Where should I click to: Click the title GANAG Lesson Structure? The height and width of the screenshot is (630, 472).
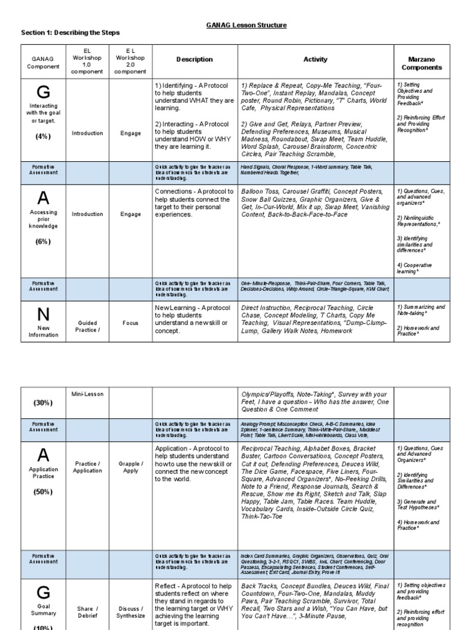click(246, 25)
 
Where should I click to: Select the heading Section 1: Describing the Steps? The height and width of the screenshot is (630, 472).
click(71, 32)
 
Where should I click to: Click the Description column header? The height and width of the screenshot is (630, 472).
click(194, 60)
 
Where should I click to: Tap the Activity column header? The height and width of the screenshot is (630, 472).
click(315, 60)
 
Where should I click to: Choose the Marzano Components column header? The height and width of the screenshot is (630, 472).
click(422, 63)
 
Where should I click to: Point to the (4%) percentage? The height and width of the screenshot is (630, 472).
click(43, 137)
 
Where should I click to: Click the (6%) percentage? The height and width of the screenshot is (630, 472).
click(43, 242)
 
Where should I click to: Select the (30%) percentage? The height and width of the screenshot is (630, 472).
click(43, 402)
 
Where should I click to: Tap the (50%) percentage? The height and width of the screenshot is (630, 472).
click(43, 492)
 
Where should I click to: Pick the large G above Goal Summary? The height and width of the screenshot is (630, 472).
click(43, 592)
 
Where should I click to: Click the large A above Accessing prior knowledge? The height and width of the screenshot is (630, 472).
click(43, 198)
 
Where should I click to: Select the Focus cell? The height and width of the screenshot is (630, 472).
click(130, 322)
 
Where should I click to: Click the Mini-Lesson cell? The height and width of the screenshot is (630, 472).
click(87, 393)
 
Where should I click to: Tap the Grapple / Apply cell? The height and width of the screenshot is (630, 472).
click(130, 467)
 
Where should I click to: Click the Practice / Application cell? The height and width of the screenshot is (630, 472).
click(87, 467)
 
